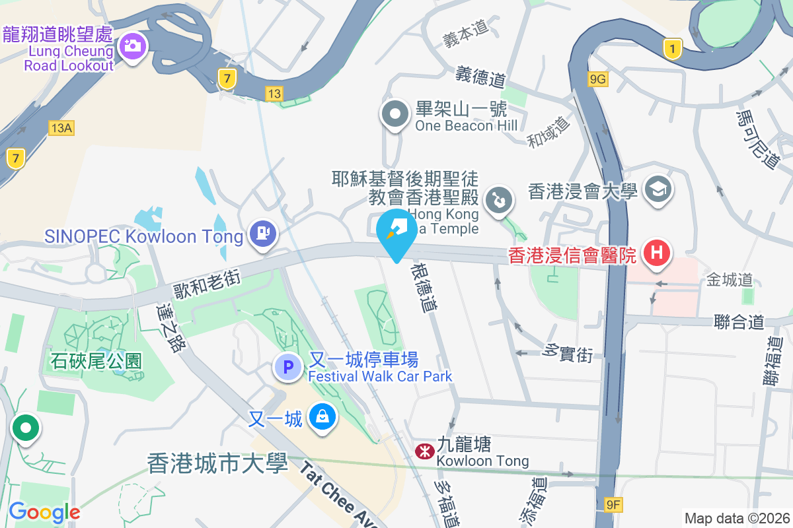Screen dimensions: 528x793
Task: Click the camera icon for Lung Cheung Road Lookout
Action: click(x=133, y=46)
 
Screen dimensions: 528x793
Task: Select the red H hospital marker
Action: click(x=657, y=253)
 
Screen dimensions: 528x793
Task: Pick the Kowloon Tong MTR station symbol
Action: click(x=423, y=451)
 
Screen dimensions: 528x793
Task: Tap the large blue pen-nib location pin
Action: click(x=397, y=232)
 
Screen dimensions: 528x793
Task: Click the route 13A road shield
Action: click(x=60, y=127)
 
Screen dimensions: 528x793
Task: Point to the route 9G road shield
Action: click(x=597, y=79)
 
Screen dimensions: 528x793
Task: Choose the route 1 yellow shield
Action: click(x=672, y=48)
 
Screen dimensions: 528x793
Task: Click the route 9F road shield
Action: click(x=614, y=506)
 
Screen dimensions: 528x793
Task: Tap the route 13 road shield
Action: click(x=274, y=94)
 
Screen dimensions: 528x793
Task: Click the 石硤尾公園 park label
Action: click(x=96, y=360)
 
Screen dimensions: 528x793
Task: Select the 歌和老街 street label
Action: click(x=206, y=281)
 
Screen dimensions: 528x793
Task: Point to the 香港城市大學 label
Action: click(x=218, y=463)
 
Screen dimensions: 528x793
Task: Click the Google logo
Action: click(x=44, y=511)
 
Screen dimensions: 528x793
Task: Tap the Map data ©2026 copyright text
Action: click(x=736, y=518)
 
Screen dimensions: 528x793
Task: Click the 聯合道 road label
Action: click(x=739, y=323)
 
